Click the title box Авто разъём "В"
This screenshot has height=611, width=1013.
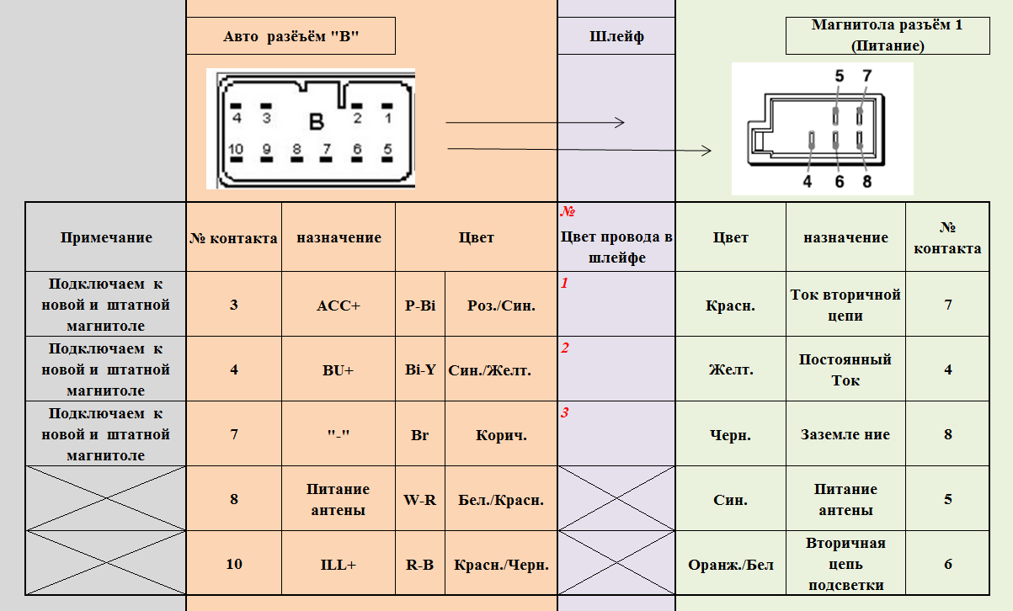point(291,36)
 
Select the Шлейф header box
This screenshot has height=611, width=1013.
point(616,36)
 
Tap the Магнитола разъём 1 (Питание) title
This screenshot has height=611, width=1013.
point(887,35)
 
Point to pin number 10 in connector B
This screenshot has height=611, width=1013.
point(237,150)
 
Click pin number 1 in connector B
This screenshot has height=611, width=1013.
point(387,118)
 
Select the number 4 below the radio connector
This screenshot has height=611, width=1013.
point(807,181)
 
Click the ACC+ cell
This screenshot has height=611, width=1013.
point(339,305)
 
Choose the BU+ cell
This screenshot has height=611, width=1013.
point(339,369)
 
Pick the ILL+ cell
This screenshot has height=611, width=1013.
point(339,565)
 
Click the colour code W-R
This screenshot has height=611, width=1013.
point(419,500)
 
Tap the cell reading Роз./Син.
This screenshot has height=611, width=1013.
point(501,305)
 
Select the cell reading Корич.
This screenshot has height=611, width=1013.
point(501,435)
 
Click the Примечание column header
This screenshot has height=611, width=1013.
point(106,237)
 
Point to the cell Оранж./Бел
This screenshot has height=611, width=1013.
point(730,565)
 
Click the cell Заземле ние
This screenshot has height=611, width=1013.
point(845,435)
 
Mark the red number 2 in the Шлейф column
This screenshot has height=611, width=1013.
point(565,348)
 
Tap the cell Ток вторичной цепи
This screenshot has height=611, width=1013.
point(845,305)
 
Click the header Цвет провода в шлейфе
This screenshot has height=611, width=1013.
point(616,247)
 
